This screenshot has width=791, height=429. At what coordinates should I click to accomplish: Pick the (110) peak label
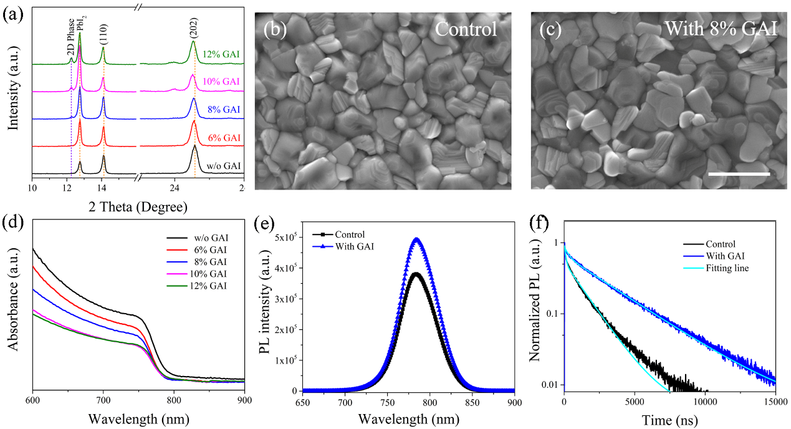[103, 29]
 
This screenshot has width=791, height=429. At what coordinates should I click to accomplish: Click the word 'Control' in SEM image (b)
[466, 29]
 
